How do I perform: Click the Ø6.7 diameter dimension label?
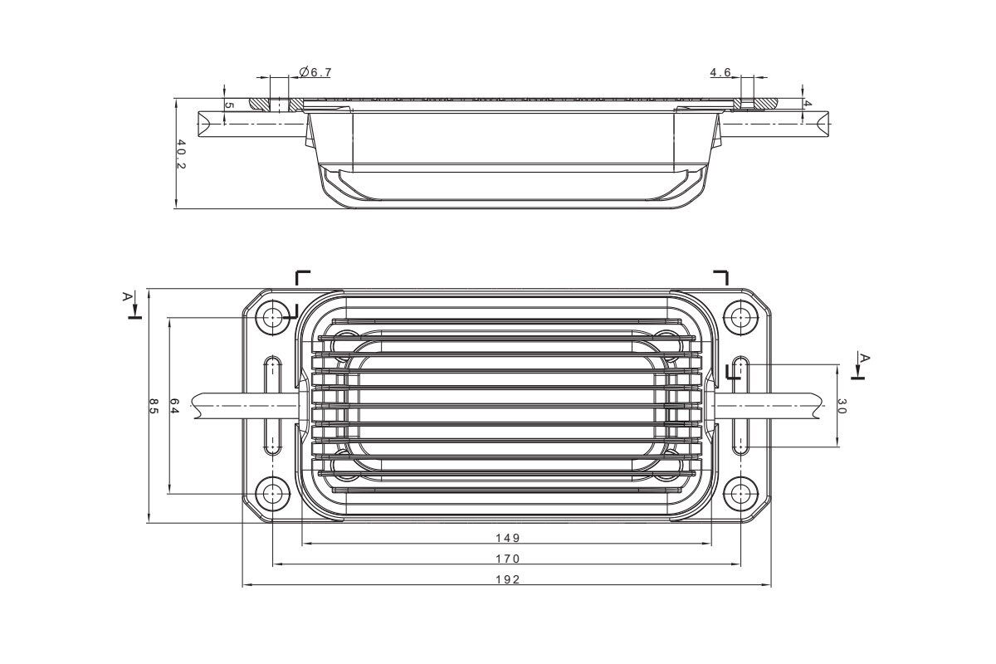pos(315,72)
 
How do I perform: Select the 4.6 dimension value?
pos(720,72)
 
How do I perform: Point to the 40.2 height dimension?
pos(182,154)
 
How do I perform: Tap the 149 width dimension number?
pos(508,538)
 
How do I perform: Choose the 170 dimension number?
pos(508,559)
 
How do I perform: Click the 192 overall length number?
pos(508,579)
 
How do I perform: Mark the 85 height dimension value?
pos(154,406)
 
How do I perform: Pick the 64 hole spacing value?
pos(174,406)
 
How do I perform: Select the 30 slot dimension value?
pos(842,406)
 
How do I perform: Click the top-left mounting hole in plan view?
pos(272,318)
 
